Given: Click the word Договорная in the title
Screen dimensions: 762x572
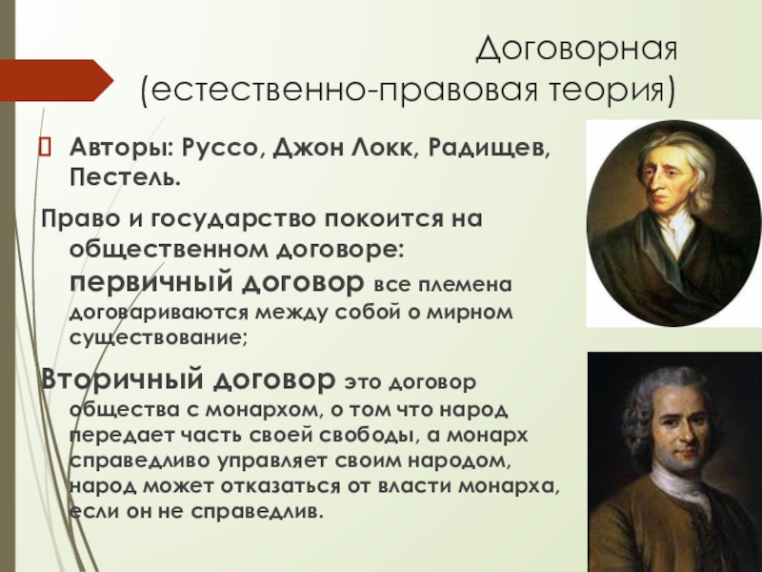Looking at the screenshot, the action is click(x=576, y=49).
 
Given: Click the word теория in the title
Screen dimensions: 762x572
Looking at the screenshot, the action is click(x=610, y=91).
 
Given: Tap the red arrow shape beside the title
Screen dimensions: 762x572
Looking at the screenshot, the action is click(x=57, y=80).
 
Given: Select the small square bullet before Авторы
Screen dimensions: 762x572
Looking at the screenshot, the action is click(x=44, y=147).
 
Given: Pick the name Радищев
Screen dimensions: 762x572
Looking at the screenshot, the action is click(x=489, y=148).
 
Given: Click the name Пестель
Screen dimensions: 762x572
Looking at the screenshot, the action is click(x=125, y=177).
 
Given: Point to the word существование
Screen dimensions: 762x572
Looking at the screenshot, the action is click(x=159, y=337).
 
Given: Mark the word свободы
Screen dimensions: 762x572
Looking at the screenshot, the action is click(x=370, y=435).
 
